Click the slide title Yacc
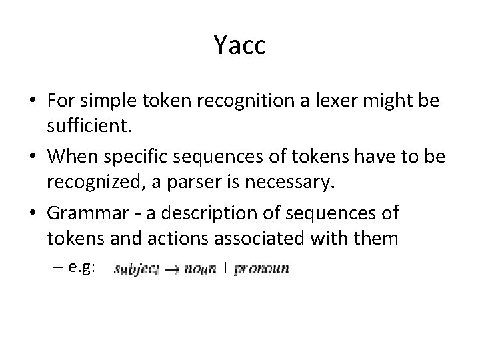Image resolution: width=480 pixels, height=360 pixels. (240, 45)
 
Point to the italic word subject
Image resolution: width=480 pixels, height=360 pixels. (136, 269)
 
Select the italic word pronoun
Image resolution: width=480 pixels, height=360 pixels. (261, 269)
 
